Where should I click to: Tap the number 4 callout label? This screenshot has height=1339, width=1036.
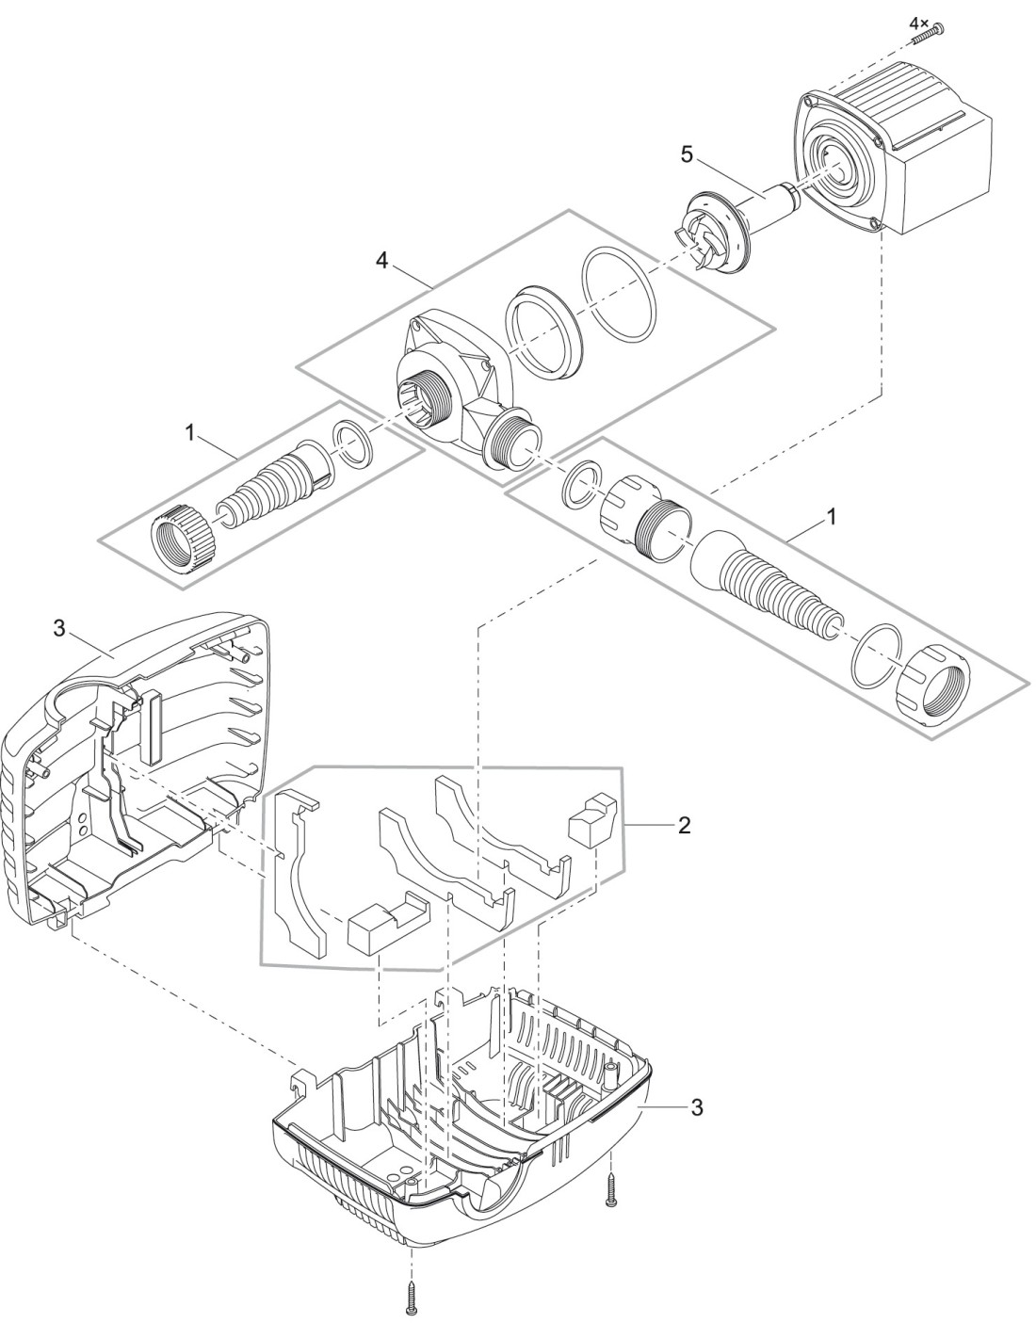click(381, 262)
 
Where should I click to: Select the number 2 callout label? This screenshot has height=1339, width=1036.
click(685, 825)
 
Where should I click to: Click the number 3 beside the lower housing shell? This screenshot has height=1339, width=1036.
click(696, 1108)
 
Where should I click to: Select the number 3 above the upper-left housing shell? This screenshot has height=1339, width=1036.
click(58, 630)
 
